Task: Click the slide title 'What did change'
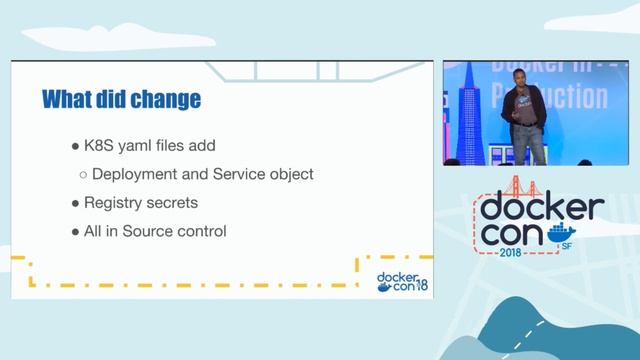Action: click(x=121, y=100)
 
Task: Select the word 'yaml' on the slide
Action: click(x=150, y=145)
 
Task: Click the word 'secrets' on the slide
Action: click(x=175, y=203)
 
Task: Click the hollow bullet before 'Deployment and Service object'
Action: click(x=84, y=175)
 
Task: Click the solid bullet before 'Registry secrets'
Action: click(x=75, y=203)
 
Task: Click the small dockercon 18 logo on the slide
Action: click(x=402, y=282)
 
